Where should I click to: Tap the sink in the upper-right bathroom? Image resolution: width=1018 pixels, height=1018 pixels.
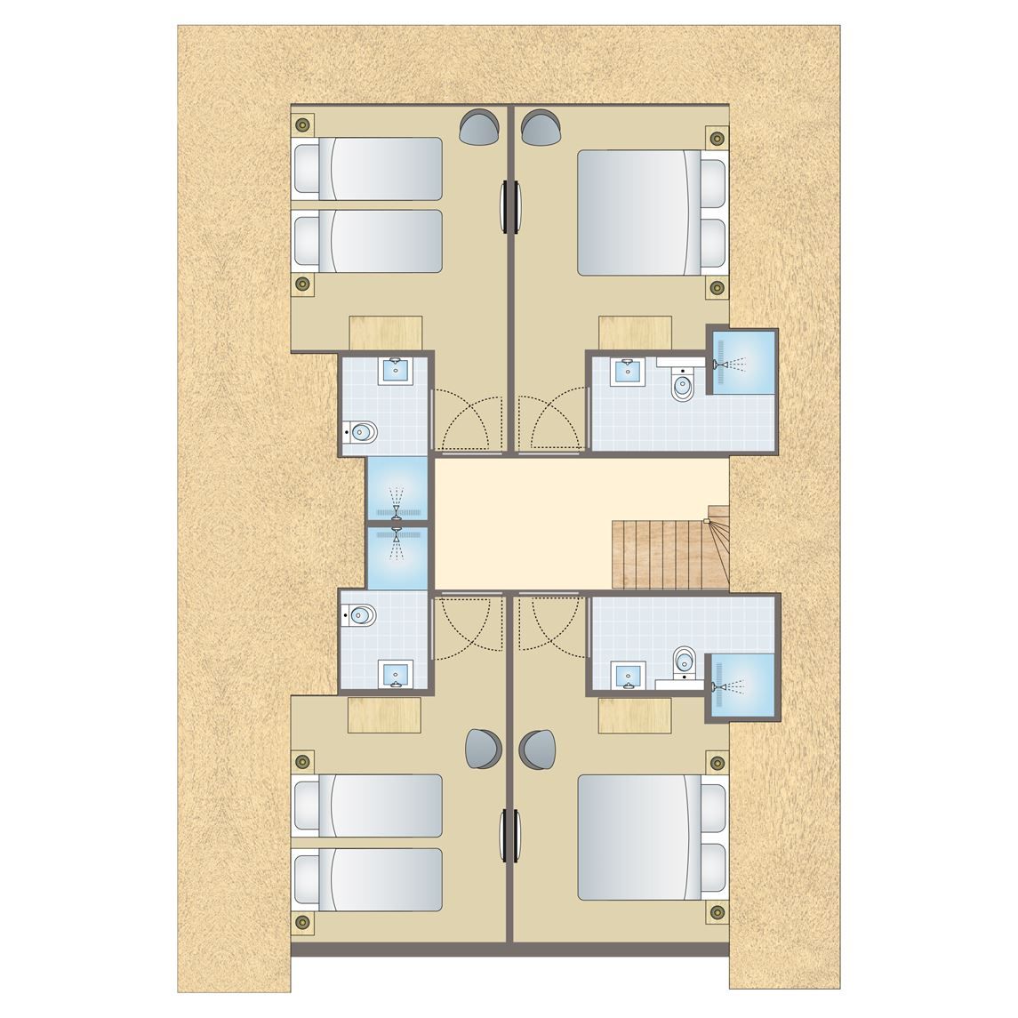(x=629, y=371)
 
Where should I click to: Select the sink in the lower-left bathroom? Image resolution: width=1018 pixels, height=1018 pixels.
(x=394, y=675)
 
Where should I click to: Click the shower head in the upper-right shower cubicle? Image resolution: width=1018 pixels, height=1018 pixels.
(x=729, y=365)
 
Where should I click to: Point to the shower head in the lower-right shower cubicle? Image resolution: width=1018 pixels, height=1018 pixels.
(x=729, y=686)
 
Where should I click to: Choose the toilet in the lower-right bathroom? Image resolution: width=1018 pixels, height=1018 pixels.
(x=684, y=659)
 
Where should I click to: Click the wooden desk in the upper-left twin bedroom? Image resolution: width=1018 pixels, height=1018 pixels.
(x=385, y=333)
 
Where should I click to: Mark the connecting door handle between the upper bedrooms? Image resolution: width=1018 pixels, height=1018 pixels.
(x=509, y=206)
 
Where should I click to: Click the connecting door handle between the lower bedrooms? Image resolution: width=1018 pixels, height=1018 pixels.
(x=509, y=833)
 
